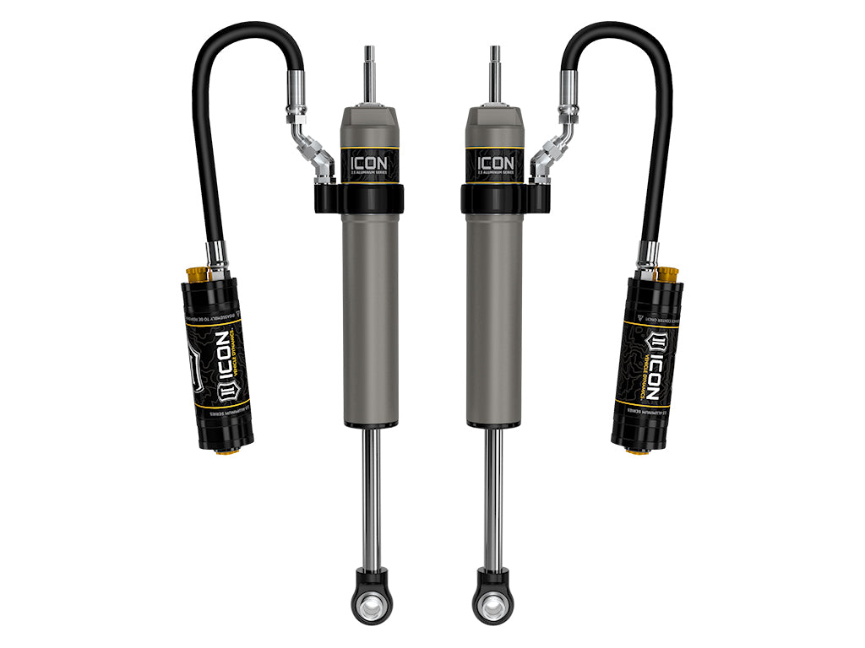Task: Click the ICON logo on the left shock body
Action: point(370,161)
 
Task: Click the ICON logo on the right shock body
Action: point(495,161)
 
